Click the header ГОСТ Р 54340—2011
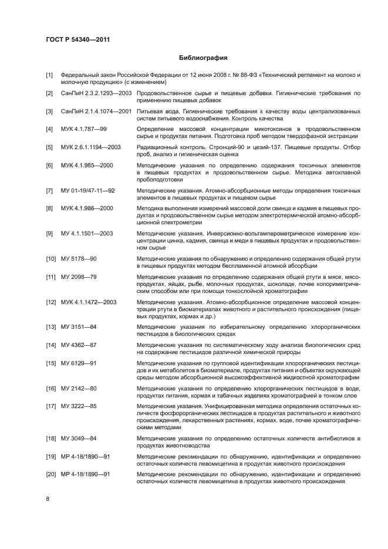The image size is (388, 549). tap(78, 39)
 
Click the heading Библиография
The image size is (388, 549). tap(203, 58)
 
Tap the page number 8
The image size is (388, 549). tap(48, 498)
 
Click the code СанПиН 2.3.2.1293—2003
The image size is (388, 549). tap(96, 93)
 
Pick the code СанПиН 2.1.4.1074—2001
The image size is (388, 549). tap(96, 110)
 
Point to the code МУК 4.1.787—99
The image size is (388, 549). tap(84, 128)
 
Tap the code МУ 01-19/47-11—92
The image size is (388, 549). tap(87, 191)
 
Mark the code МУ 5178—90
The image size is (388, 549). tap(79, 259)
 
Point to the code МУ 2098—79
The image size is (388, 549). tap(79, 277)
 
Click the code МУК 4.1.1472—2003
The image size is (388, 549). tap(89, 302)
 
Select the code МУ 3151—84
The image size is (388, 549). tap(79, 327)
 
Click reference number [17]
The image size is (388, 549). tap(50, 406)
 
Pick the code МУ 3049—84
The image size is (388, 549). tap(79, 439)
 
